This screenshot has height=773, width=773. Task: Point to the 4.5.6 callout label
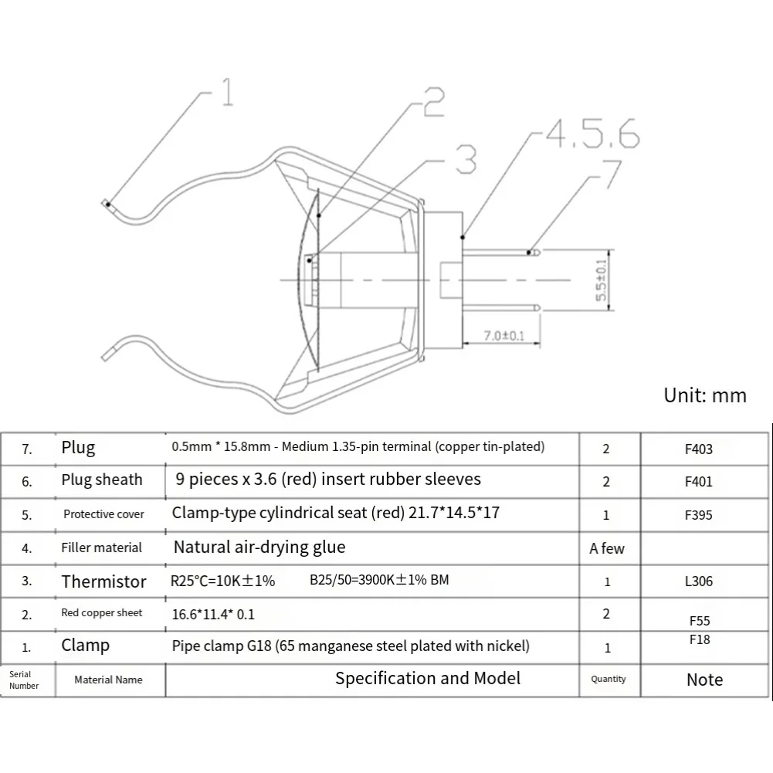click(592, 134)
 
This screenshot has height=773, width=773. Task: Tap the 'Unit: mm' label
click(705, 395)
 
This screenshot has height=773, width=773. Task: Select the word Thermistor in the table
click(103, 581)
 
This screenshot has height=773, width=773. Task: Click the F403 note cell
click(699, 449)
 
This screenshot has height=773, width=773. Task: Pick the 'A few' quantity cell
click(607, 548)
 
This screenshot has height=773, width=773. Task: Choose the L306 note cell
click(699, 581)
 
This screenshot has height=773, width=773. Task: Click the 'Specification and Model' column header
click(427, 678)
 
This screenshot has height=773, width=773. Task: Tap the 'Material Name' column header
click(108, 680)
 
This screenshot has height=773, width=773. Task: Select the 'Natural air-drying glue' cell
click(259, 548)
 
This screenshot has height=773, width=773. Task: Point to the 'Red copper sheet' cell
click(102, 613)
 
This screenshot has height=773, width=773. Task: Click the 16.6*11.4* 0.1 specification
click(213, 615)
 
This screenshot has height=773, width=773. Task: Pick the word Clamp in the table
click(85, 645)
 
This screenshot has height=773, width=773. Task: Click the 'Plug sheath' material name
click(102, 480)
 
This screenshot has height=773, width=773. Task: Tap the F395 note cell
click(699, 514)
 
